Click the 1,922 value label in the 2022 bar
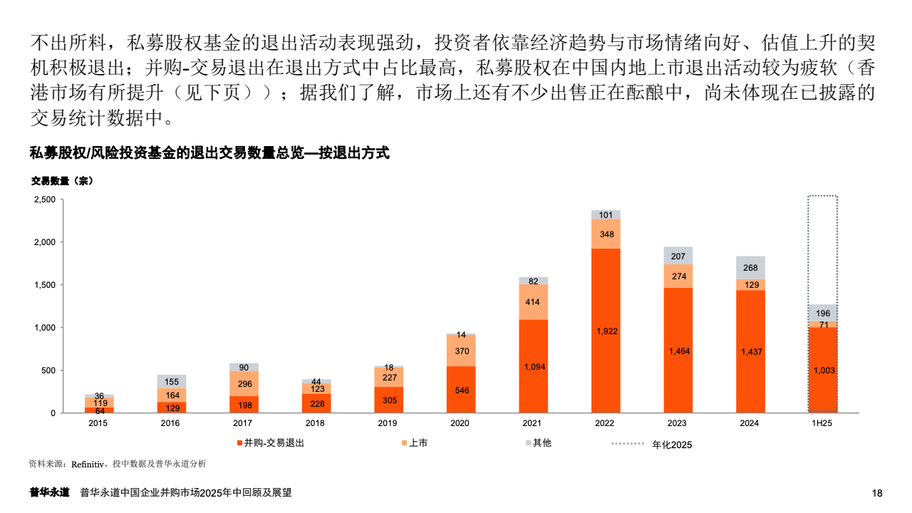606,331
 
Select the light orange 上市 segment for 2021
534,302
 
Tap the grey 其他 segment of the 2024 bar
751,268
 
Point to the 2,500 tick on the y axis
44,199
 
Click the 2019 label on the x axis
388,423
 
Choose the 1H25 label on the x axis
822,423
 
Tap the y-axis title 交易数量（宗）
62,181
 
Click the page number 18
877,493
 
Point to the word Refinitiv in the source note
88,464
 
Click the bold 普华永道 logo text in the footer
49,492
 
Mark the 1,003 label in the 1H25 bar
823,370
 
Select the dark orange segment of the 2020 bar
461,390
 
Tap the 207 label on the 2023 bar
678,256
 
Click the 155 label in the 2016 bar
171,382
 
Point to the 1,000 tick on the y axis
44,328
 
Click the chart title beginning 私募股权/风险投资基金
209,152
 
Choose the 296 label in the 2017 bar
244,384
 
